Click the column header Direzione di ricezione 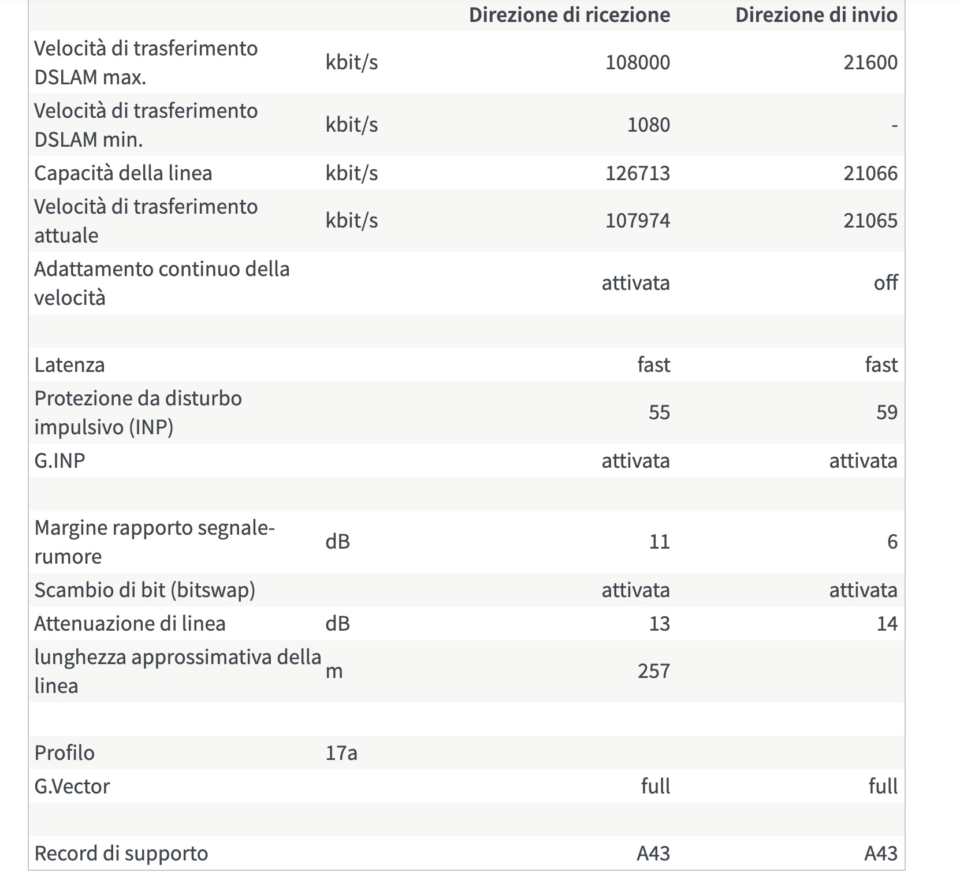(x=569, y=15)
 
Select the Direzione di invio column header (x=816, y=15)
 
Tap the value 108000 (x=637, y=62)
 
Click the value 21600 (x=870, y=62)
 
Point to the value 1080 (x=648, y=125)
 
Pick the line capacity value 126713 (x=637, y=173)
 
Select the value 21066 (x=870, y=173)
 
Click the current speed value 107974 (x=637, y=221)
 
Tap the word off (x=885, y=283)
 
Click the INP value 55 (x=658, y=412)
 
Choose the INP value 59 (x=886, y=412)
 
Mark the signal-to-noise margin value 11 (x=658, y=542)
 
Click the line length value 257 (x=653, y=671)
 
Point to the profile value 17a (x=341, y=753)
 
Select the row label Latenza (x=69, y=365)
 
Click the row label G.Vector (x=72, y=787)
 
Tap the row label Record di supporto (x=121, y=854)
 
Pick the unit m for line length (x=334, y=671)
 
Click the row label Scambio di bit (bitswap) (x=144, y=590)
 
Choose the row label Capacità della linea (x=123, y=173)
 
